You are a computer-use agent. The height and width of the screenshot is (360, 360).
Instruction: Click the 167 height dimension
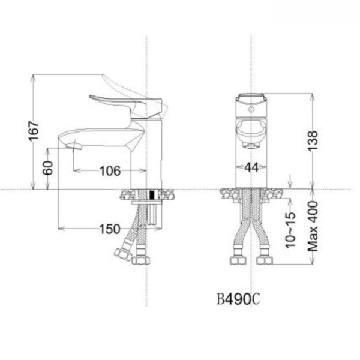click(35, 131)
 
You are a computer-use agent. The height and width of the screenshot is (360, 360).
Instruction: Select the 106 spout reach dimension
click(109, 171)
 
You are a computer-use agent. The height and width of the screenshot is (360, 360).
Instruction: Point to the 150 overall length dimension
click(109, 229)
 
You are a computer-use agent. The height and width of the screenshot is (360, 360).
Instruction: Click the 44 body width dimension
click(251, 169)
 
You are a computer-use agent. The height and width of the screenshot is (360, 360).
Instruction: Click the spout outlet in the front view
click(251, 144)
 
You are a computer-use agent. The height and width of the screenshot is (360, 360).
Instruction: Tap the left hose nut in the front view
click(236, 260)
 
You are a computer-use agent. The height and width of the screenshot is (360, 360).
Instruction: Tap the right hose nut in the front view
click(265, 260)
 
